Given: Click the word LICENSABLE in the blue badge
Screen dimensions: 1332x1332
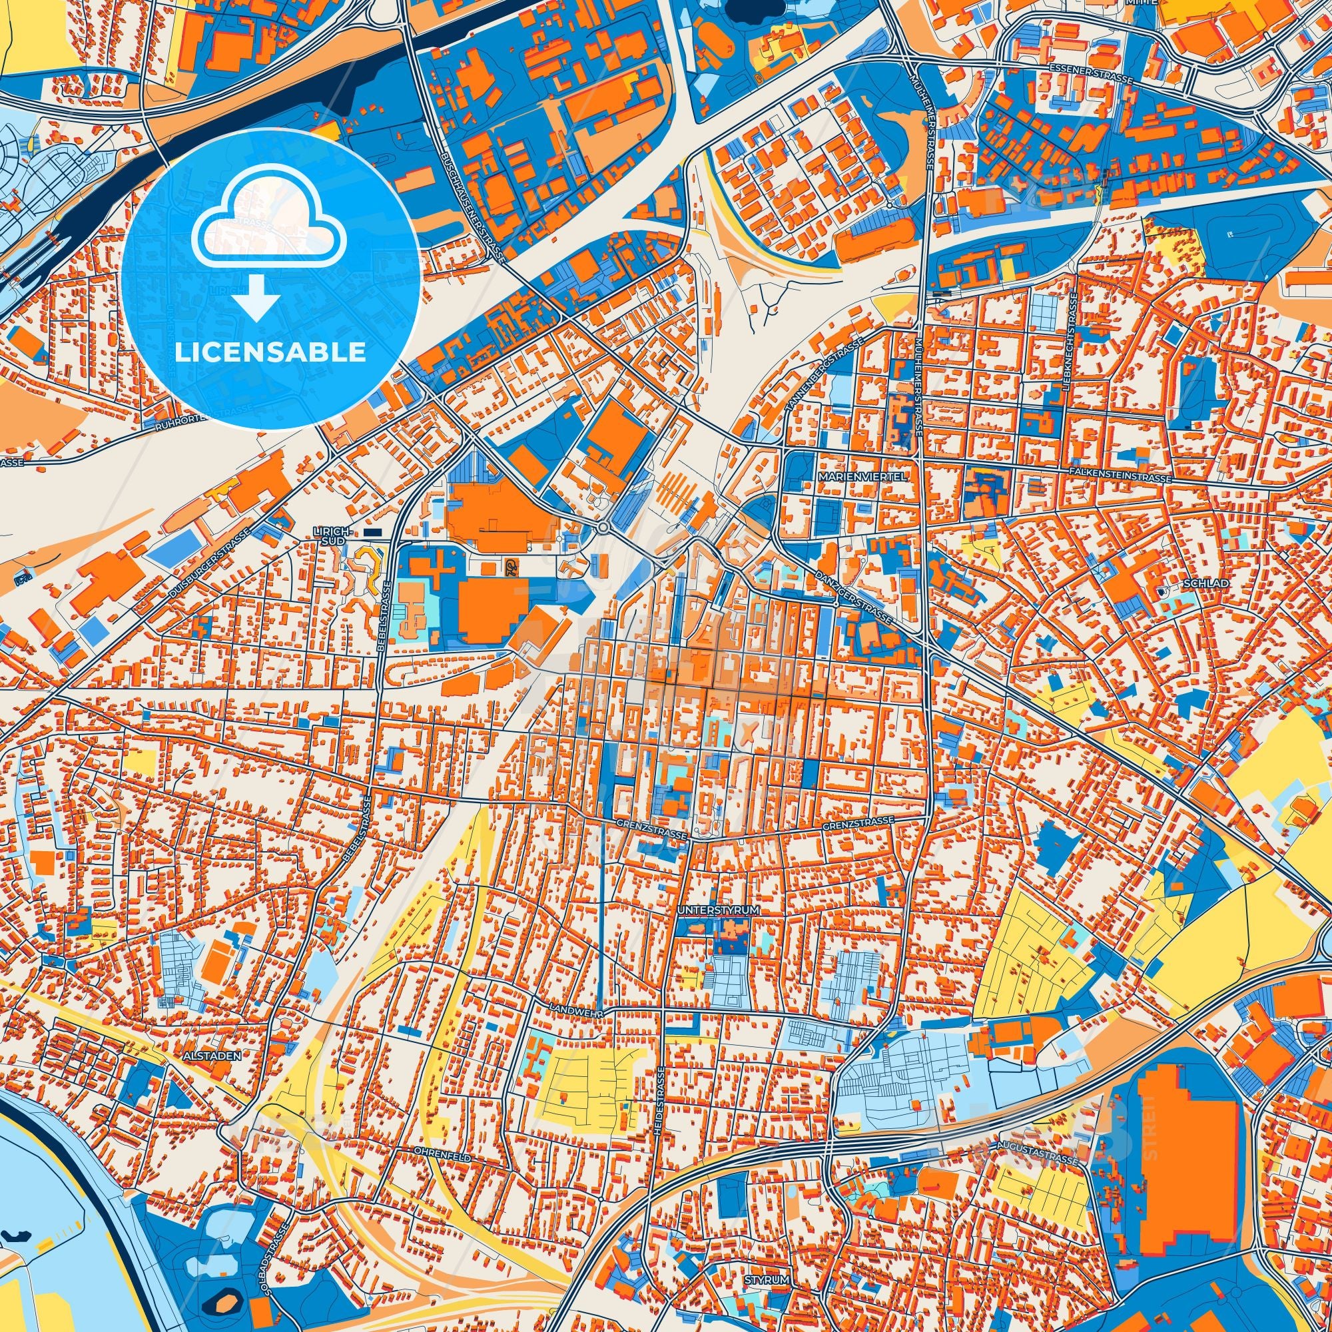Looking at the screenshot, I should click(x=270, y=352).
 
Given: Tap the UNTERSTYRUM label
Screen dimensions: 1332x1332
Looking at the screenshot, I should click(x=719, y=910).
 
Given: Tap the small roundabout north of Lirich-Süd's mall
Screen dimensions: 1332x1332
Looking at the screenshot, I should click(x=603, y=528).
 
